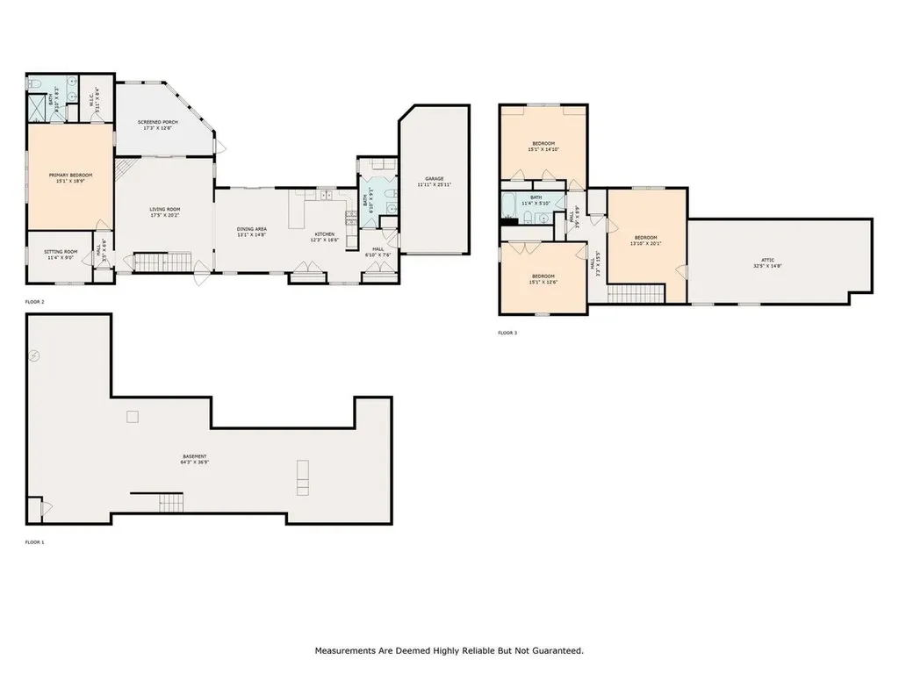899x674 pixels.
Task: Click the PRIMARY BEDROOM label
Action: click(x=70, y=175)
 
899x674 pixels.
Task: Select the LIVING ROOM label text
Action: click(x=164, y=209)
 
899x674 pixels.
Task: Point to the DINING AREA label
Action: click(x=251, y=229)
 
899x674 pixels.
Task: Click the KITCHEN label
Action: click(x=324, y=234)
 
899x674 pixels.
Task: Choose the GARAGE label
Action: click(x=434, y=179)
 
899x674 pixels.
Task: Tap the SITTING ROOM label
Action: click(x=61, y=252)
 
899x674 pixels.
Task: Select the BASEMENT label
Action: click(x=194, y=456)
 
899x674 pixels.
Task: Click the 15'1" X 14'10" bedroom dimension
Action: click(x=543, y=149)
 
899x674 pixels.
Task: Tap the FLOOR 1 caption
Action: click(x=34, y=542)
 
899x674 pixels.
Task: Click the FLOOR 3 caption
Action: click(x=507, y=333)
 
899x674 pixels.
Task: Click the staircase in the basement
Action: click(x=171, y=503)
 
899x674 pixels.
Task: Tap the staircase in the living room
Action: click(x=162, y=261)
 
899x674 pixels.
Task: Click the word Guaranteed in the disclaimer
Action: click(x=553, y=651)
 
